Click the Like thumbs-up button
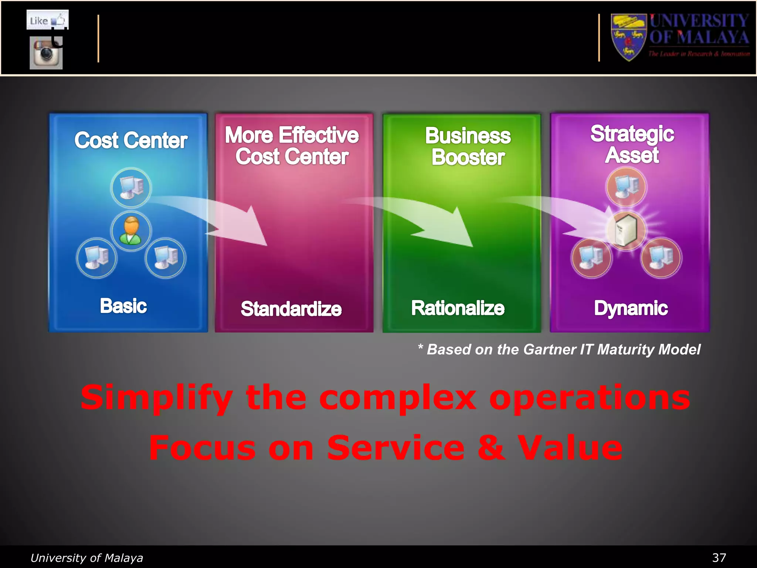[47, 20]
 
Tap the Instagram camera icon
[46, 53]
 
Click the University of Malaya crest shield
[628, 37]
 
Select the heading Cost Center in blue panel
[131, 141]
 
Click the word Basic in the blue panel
[123, 306]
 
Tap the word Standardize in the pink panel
[291, 309]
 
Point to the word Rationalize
[458, 308]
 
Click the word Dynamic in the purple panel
[631, 308]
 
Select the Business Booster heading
[468, 146]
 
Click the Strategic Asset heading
[632, 144]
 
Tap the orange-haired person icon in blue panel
[131, 231]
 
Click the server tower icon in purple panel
[626, 230]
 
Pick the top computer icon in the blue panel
[131, 187]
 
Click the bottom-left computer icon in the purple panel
[591, 258]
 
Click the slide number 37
[719, 558]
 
